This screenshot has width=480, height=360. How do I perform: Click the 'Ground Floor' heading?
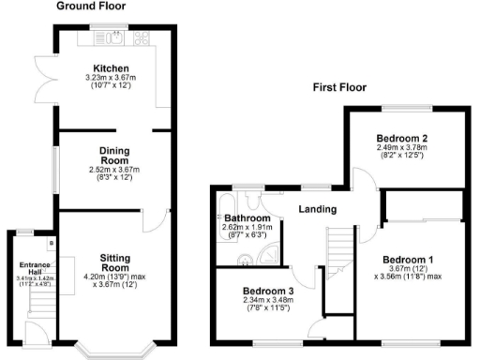coord(91,7)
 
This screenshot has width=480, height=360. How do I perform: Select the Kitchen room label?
coord(112,67)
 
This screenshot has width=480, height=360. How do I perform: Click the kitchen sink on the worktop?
coord(113,37)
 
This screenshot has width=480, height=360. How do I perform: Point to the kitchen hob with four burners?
coord(143,38)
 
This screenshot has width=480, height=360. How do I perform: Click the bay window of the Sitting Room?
coord(112,349)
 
